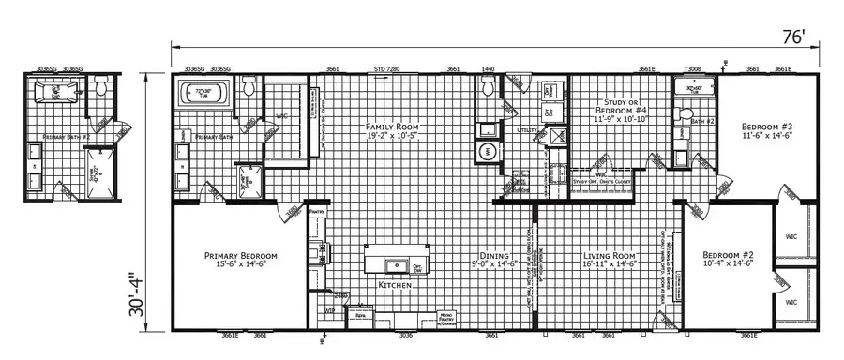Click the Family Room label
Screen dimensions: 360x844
pyautogui.click(x=394, y=127)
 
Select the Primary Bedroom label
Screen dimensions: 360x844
pyautogui.click(x=241, y=255)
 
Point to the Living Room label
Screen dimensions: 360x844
pyautogui.click(x=610, y=255)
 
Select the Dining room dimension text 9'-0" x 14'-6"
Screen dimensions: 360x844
pyautogui.click(x=495, y=265)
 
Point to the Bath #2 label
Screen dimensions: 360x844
pyautogui.click(x=703, y=122)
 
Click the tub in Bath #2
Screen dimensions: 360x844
pyautogui.click(x=694, y=90)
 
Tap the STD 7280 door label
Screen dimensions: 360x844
pyautogui.click(x=386, y=69)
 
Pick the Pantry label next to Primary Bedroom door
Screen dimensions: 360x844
pyautogui.click(x=316, y=213)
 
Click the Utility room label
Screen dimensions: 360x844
pyautogui.click(x=527, y=130)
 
